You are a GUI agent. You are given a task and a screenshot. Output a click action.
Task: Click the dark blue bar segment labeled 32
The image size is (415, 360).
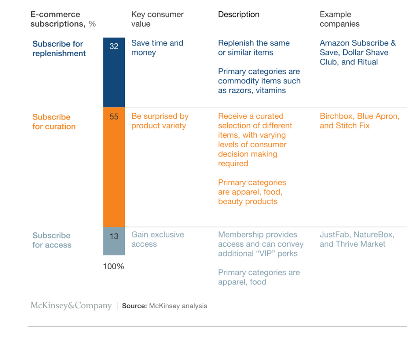[x=114, y=72]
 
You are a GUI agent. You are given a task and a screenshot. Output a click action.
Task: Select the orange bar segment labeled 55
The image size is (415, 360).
[x=114, y=167]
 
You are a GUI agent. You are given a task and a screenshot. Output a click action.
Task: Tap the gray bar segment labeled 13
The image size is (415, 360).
[x=114, y=241]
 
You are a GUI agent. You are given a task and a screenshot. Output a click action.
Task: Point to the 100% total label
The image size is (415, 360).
[x=113, y=266]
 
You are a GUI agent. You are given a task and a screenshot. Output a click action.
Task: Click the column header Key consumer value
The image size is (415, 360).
[x=157, y=19]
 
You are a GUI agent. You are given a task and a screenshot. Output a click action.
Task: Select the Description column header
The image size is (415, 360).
[x=239, y=15]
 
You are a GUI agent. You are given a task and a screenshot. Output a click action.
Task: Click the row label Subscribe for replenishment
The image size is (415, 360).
[x=59, y=49]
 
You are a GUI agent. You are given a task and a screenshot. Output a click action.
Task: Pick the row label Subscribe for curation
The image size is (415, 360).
[x=54, y=122]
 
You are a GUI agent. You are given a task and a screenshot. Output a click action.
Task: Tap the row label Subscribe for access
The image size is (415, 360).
[x=52, y=240]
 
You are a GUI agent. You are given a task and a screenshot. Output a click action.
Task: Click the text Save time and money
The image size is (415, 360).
[x=157, y=48]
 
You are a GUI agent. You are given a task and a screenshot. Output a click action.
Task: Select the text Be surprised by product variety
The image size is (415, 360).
[x=160, y=121]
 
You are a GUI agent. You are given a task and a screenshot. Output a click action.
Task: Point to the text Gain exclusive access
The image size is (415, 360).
[x=157, y=239]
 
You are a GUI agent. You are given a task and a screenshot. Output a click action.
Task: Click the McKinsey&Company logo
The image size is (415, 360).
[x=71, y=306]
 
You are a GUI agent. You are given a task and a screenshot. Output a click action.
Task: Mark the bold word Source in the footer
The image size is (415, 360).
[x=134, y=306]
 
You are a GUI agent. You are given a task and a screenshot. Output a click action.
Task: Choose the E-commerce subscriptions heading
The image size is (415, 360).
[x=63, y=19]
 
